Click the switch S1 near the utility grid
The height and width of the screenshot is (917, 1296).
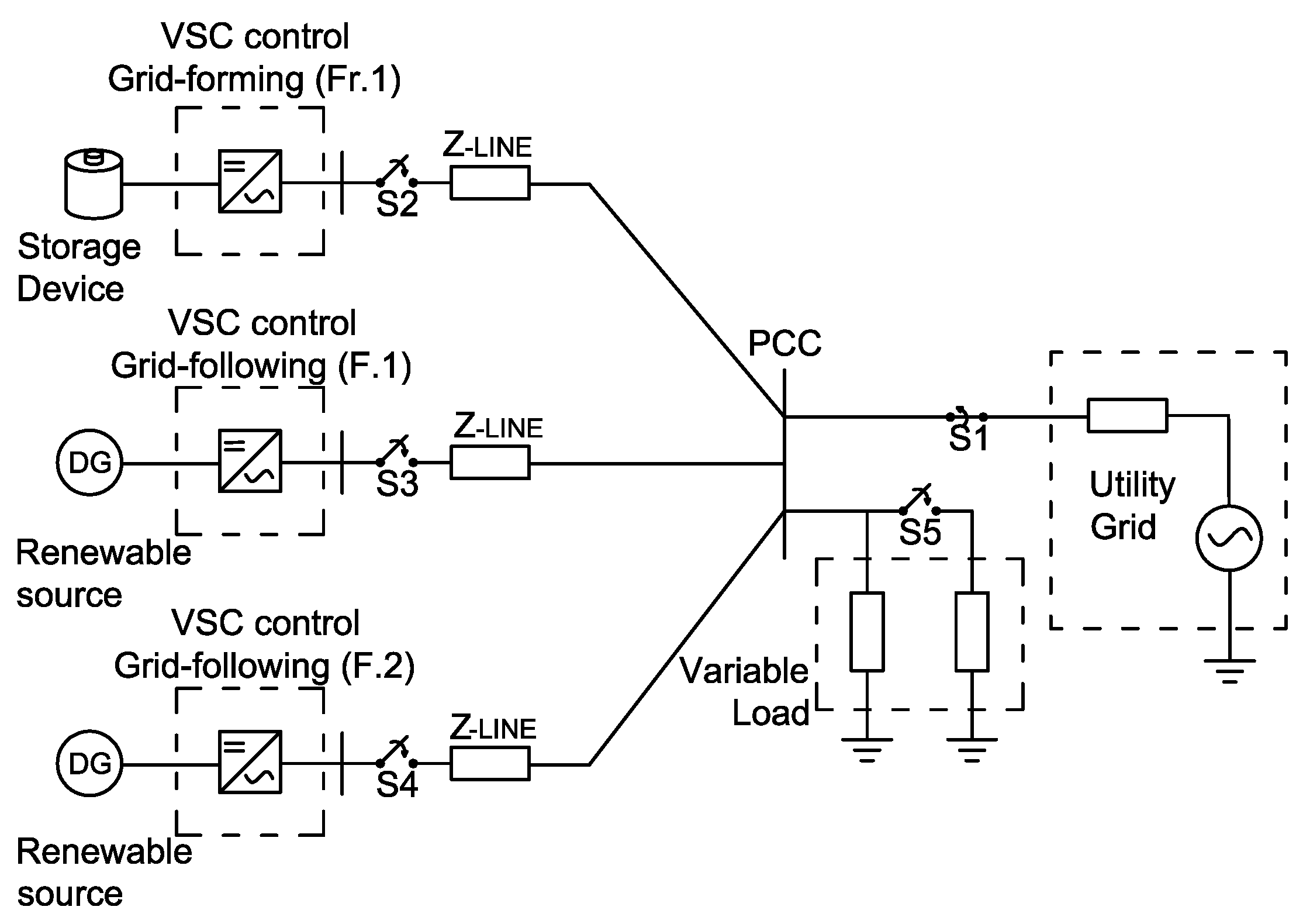coord(966,416)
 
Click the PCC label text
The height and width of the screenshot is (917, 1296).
coord(784,344)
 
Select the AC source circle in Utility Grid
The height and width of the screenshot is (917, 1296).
coord(1228,538)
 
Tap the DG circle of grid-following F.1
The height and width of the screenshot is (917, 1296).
coord(90,463)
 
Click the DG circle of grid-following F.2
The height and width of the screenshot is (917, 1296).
coord(90,764)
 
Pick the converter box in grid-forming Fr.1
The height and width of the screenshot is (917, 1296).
coord(250,181)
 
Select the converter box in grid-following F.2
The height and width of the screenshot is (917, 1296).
coord(250,762)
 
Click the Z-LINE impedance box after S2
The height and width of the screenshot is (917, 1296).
coord(490,183)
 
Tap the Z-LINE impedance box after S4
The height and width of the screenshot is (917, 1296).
coord(490,763)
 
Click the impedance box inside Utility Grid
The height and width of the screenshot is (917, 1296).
coord(1127,416)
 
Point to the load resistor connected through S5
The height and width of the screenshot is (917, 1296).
coord(972,632)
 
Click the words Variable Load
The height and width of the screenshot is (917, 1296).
coord(745,692)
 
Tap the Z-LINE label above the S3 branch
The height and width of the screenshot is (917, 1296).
coord(498,428)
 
